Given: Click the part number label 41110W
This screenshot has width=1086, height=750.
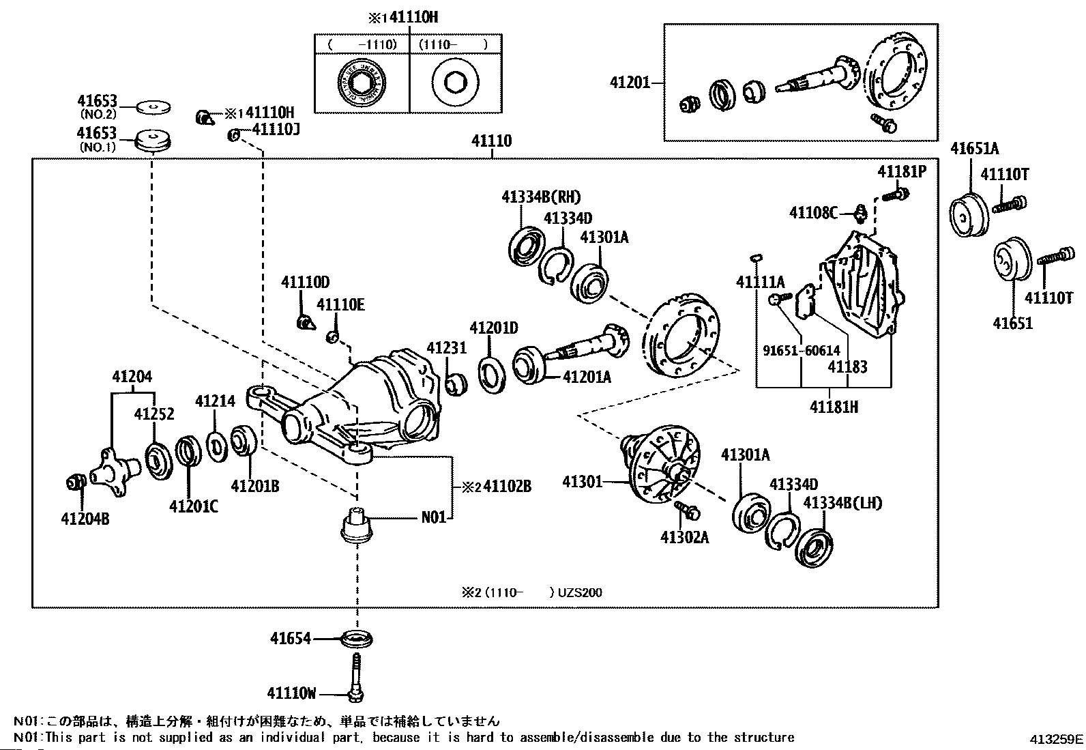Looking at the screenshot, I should pyautogui.click(x=291, y=694).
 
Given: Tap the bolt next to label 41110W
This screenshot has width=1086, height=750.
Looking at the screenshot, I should pyautogui.click(x=356, y=676).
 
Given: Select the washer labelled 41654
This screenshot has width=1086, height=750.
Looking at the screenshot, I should pyautogui.click(x=357, y=639).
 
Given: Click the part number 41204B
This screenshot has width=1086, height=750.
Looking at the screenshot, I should pyautogui.click(x=85, y=519).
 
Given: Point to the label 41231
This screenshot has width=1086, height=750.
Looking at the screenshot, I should pyautogui.click(x=447, y=348).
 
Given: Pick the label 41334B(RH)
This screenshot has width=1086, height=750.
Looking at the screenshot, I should pyautogui.click(x=541, y=197).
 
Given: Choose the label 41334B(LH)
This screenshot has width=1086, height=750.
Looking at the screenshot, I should pyautogui.click(x=842, y=503).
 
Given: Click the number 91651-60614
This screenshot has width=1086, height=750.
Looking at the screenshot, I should pyautogui.click(x=802, y=351).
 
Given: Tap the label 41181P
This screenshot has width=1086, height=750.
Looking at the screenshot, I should pyautogui.click(x=902, y=171).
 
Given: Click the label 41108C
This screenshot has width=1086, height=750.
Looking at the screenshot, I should pyautogui.click(x=813, y=212).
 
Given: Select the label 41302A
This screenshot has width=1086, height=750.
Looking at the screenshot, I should pyautogui.click(x=684, y=537).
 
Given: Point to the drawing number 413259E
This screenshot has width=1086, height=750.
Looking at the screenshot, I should pyautogui.click(x=1057, y=738).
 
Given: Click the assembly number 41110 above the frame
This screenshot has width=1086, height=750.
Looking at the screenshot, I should pyautogui.click(x=491, y=141).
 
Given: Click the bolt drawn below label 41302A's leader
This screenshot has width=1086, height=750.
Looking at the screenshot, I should pyautogui.click(x=686, y=509).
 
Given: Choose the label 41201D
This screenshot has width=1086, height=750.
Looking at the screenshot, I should pyautogui.click(x=493, y=328).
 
